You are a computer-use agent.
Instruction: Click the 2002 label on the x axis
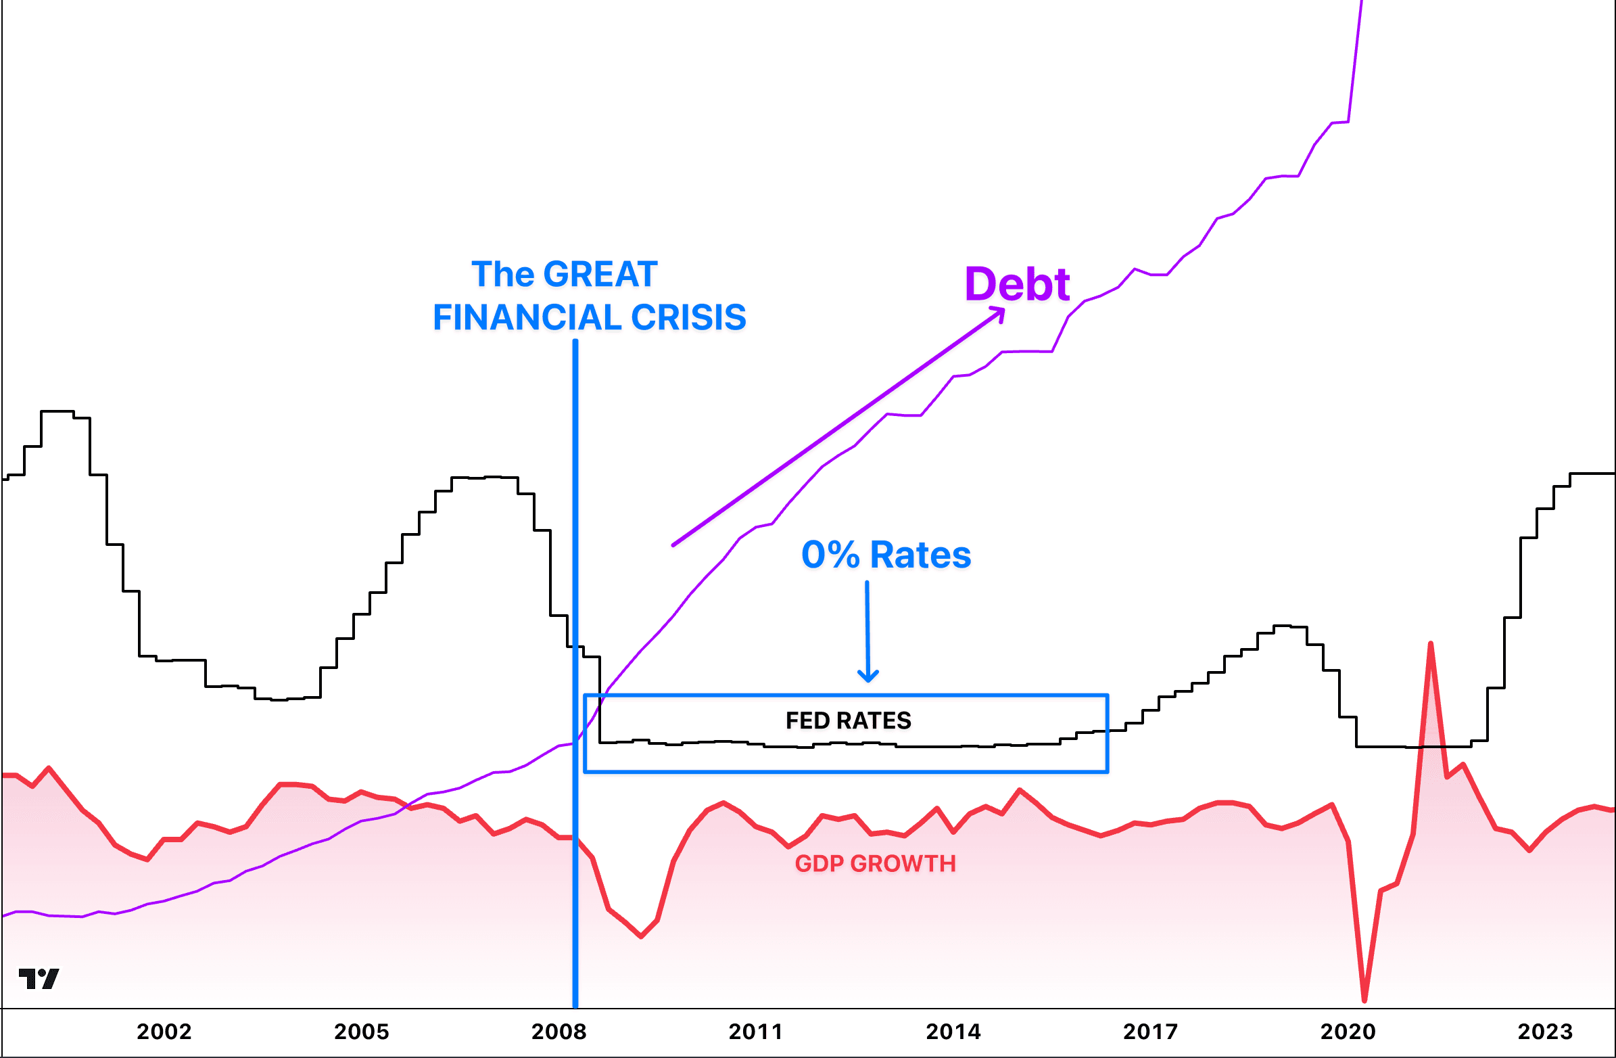click(164, 1032)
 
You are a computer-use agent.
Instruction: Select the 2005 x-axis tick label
click(361, 1032)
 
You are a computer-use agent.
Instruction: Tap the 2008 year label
click(559, 1032)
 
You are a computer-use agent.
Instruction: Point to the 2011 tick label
click(756, 1032)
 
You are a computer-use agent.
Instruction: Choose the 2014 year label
click(953, 1032)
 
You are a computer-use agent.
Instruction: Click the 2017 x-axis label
click(1150, 1032)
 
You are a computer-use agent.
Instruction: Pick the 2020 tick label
click(1348, 1032)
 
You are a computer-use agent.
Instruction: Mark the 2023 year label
click(1546, 1032)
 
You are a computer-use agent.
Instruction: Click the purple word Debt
click(1017, 284)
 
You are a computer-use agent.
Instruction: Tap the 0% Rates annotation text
click(886, 555)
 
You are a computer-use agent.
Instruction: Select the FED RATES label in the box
click(848, 720)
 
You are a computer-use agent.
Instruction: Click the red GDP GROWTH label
click(875, 864)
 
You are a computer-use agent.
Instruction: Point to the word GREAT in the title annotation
click(600, 275)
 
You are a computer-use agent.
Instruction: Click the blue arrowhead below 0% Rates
click(868, 676)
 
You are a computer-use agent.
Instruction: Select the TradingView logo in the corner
click(39, 978)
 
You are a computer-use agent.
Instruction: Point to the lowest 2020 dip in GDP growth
click(1364, 1000)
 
